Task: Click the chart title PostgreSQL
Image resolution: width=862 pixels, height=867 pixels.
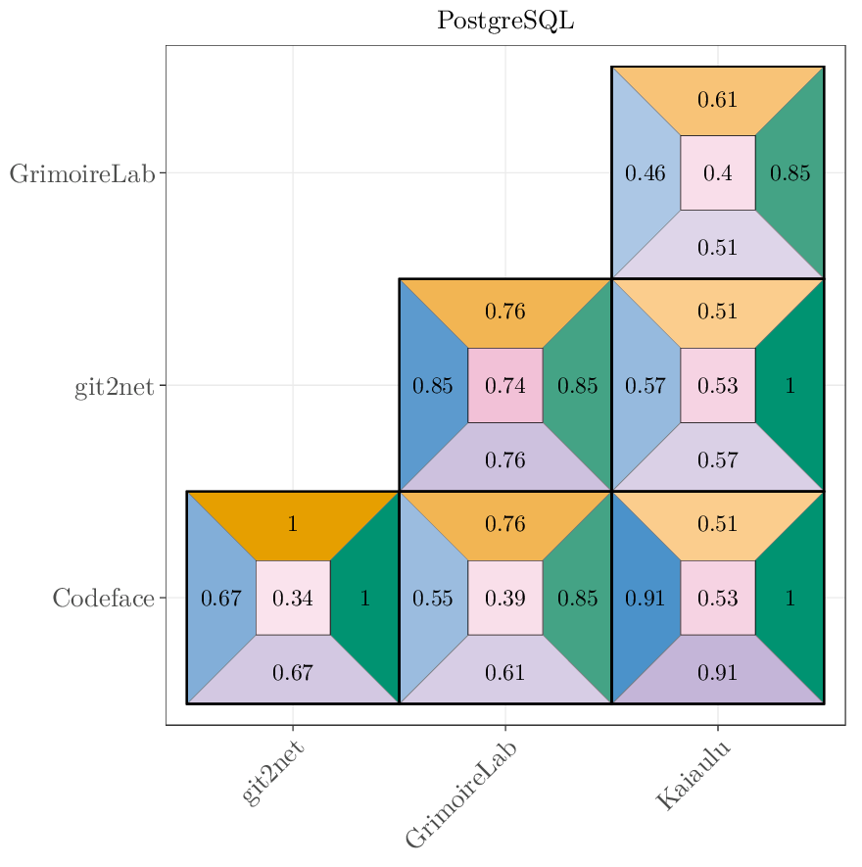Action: pyautogui.click(x=505, y=21)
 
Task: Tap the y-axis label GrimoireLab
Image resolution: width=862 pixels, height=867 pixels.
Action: pyautogui.click(x=82, y=174)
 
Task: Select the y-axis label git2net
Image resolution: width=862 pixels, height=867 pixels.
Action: pyautogui.click(x=115, y=387)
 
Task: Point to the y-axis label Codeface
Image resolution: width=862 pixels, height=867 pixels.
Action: pyautogui.click(x=104, y=599)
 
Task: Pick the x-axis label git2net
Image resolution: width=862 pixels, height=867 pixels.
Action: pyautogui.click(x=272, y=773)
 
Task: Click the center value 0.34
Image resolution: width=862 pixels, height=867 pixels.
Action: pyautogui.click(x=293, y=599)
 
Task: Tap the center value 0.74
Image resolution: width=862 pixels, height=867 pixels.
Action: pyautogui.click(x=505, y=386)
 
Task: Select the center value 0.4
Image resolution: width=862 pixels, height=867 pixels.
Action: pyautogui.click(x=718, y=173)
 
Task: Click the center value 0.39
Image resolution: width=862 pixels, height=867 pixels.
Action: pyautogui.click(x=505, y=599)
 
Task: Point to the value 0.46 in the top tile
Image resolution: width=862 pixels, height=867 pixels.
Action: pyautogui.click(x=646, y=173)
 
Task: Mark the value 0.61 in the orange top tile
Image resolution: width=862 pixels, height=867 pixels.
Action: pyautogui.click(x=718, y=100)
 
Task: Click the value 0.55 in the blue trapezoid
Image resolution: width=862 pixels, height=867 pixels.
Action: pyautogui.click(x=433, y=599)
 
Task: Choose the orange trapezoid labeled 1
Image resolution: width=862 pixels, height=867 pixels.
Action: pyautogui.click(x=293, y=524)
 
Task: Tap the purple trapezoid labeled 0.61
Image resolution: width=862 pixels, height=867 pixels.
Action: pyautogui.click(x=505, y=672)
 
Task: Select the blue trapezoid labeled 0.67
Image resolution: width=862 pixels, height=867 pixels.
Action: pyautogui.click(x=221, y=599)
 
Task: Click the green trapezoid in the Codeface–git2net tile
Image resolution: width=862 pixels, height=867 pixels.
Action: pyautogui.click(x=365, y=599)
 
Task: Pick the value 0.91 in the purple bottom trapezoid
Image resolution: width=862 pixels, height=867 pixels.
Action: pyautogui.click(x=718, y=672)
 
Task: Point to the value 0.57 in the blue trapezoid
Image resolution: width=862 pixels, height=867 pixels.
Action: pyautogui.click(x=646, y=386)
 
